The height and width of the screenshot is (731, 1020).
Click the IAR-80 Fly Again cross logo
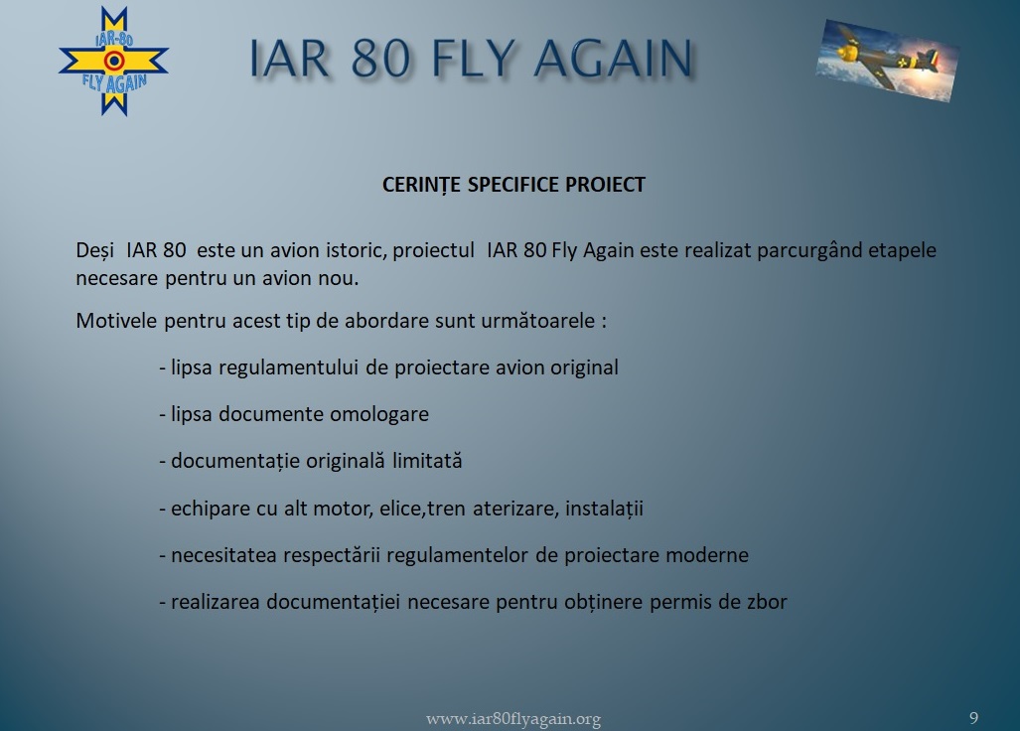[114, 62]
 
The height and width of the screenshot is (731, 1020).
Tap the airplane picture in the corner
[887, 60]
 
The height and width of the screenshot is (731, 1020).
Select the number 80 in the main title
[380, 59]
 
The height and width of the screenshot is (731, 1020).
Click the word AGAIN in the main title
[614, 59]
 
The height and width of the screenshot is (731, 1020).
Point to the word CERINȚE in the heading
[422, 185]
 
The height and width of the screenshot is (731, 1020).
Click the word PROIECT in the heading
[605, 185]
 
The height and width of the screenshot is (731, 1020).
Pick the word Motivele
[117, 321]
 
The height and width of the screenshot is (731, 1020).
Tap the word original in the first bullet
[584, 368]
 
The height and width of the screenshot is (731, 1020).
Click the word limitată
[427, 461]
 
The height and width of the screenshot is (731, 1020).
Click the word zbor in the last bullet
[767, 602]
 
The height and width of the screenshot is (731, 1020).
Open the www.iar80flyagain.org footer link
[513, 719]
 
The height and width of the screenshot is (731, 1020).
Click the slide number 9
[973, 718]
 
